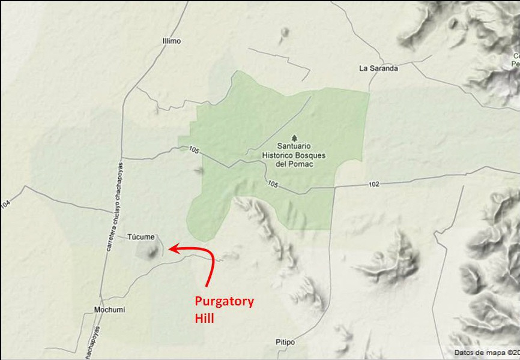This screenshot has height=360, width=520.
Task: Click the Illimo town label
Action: tap(171, 41)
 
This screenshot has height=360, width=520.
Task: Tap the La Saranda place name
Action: tap(378, 68)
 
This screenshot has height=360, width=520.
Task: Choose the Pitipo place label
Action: tap(285, 342)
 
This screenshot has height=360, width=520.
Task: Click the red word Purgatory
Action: tap(224, 301)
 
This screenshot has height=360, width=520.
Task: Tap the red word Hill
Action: tap(204, 318)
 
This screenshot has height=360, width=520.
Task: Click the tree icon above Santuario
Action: tap(293, 137)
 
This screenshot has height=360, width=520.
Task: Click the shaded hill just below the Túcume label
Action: tap(148, 250)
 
